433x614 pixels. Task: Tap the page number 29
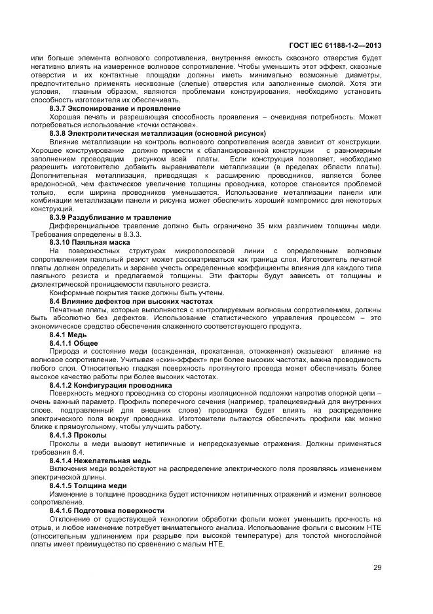[377, 567]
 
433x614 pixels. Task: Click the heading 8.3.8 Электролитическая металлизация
[157, 133]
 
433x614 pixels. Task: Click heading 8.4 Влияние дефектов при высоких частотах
[131, 301]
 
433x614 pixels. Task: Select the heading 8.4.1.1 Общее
[74, 343]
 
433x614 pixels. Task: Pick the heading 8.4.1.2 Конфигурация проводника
[111, 385]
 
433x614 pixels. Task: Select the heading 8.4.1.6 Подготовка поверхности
[107, 510]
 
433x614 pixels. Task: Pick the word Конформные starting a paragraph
[71, 293]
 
